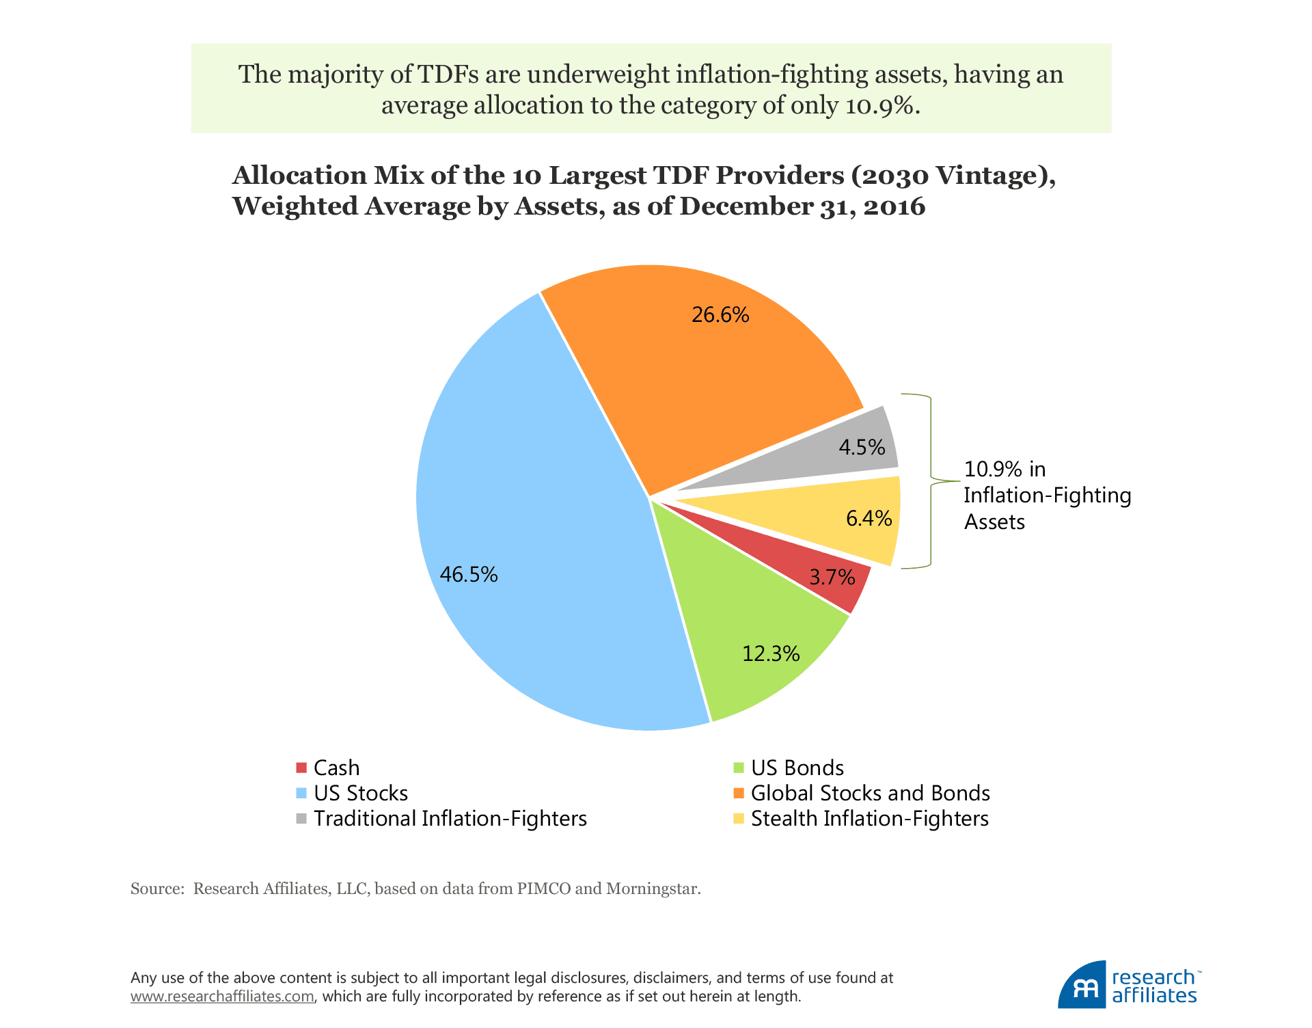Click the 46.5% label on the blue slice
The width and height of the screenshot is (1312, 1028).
[469, 574]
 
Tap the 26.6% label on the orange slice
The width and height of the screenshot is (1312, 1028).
[720, 315]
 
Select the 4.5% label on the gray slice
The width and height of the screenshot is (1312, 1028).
[862, 447]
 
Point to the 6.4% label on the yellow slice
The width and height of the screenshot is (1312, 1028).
[869, 518]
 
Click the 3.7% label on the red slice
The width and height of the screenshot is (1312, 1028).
[832, 578]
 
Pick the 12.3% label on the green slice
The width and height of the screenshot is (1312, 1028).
[771, 654]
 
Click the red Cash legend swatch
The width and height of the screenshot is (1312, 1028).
[301, 768]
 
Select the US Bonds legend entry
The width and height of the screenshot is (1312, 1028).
[797, 768]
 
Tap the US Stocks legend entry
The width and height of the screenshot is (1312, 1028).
[360, 793]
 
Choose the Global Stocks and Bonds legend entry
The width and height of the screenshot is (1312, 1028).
[870, 793]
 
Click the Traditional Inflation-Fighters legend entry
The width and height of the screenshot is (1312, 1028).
[450, 818]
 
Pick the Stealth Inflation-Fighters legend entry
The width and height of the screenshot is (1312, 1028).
[869, 818]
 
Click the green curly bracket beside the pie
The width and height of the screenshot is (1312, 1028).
[930, 481]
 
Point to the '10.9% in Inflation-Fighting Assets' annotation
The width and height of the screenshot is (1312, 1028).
[1047, 496]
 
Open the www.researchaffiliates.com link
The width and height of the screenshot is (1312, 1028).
[222, 997]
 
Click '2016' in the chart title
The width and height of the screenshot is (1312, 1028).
[894, 206]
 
